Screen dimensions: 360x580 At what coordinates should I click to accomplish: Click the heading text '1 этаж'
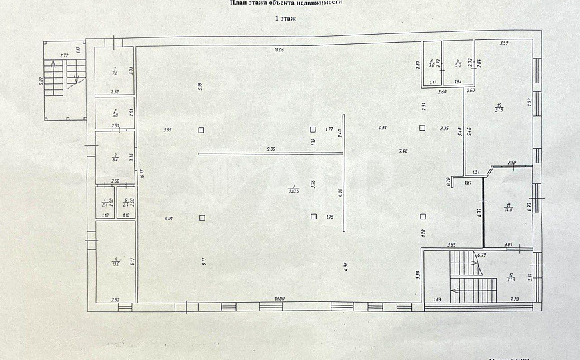pyautogui.click(x=285, y=20)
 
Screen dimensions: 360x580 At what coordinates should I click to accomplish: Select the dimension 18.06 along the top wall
pyautogui.click(x=279, y=50)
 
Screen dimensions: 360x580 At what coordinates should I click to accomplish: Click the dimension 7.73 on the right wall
pyautogui.click(x=528, y=101)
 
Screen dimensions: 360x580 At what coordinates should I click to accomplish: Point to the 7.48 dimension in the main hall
pyautogui.click(x=403, y=151)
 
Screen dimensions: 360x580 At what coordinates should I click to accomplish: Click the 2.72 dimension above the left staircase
pyautogui.click(x=64, y=55)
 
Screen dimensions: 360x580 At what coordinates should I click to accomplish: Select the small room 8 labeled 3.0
pyautogui.click(x=431, y=64)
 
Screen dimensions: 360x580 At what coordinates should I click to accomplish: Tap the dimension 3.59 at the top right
pyautogui.click(x=505, y=44)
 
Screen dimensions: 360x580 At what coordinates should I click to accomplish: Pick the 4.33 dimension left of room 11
pyautogui.click(x=479, y=213)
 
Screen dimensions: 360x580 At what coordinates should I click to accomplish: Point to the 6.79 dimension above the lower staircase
pyautogui.click(x=482, y=254)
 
